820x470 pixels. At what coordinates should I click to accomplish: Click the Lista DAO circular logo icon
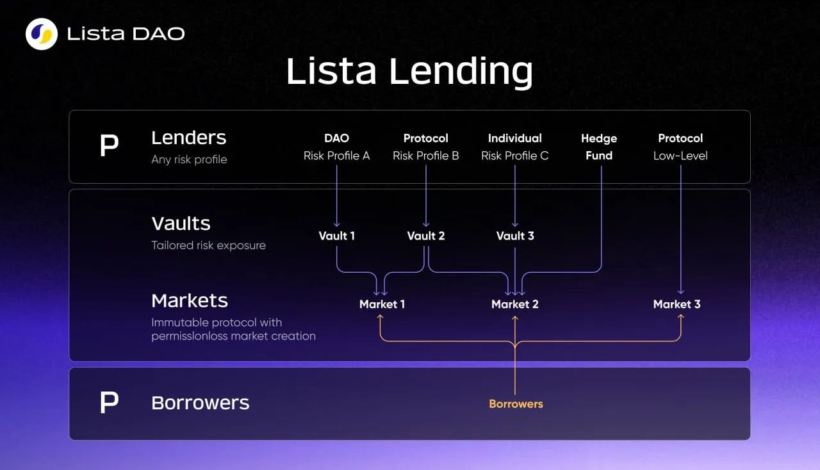tap(42, 34)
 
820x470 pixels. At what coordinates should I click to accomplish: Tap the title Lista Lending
tap(409, 71)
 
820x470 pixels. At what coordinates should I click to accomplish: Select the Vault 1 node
tap(337, 236)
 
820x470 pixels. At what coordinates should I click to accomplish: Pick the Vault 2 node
tap(426, 236)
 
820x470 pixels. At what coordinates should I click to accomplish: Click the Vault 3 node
tap(515, 236)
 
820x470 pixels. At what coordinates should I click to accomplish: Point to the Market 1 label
tap(382, 304)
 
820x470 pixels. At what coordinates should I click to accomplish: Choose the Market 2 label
tap(515, 304)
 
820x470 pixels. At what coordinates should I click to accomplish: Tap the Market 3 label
tap(676, 304)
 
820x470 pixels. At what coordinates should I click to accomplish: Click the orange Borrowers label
tap(516, 404)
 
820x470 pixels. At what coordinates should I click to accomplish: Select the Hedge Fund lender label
tap(599, 147)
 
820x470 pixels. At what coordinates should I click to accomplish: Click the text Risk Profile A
tap(336, 156)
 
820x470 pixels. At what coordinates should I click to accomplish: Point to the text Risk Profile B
tap(425, 156)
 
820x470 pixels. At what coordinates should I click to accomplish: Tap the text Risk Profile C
tap(515, 156)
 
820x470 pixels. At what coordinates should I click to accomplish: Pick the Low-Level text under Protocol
tap(680, 156)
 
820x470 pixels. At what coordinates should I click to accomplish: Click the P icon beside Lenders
tap(110, 147)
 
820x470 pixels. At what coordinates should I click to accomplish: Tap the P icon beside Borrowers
tap(110, 403)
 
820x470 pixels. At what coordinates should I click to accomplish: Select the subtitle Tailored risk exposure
tap(208, 245)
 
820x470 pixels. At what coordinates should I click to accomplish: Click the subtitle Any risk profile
tap(189, 159)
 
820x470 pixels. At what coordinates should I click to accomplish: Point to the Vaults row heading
tap(181, 223)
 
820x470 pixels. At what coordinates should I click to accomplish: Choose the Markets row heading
tap(190, 300)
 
